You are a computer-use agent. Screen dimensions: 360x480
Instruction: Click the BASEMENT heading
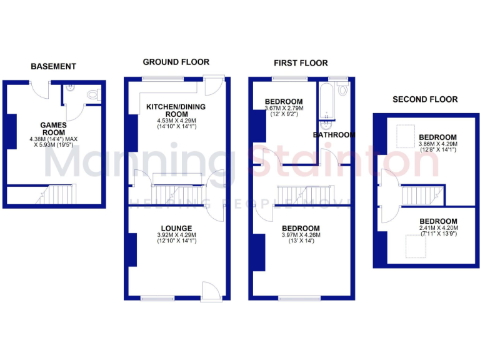coord(53,66)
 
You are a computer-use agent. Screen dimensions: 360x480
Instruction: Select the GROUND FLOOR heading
coord(176,62)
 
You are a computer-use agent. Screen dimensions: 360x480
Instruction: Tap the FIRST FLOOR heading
coord(300,62)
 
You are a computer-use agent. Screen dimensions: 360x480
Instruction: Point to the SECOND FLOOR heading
coord(424,99)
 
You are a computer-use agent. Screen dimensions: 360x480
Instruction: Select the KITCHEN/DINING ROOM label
coord(176,111)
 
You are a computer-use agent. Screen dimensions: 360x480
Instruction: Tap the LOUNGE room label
coord(176,227)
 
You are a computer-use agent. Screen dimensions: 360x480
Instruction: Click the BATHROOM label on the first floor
coord(334,135)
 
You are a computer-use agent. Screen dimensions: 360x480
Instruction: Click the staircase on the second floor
coord(417,196)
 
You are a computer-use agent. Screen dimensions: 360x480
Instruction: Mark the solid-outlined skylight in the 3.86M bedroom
coord(405,133)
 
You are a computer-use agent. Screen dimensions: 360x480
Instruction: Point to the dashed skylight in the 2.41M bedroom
coord(413,248)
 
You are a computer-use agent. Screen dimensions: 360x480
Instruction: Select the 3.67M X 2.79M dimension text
coord(283,111)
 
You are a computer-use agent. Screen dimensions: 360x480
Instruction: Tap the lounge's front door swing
coord(211,290)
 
